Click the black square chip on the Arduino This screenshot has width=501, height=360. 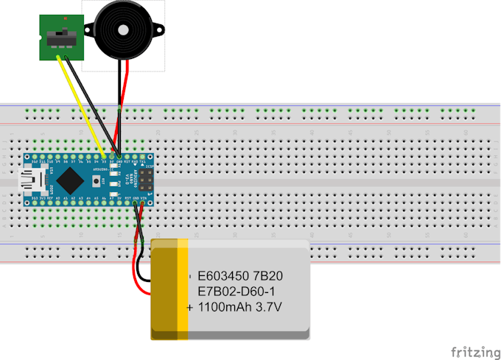(70, 178)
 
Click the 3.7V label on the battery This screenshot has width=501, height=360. (268, 306)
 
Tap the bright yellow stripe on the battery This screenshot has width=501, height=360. (183, 290)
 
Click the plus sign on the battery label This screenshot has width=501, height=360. (190, 306)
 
